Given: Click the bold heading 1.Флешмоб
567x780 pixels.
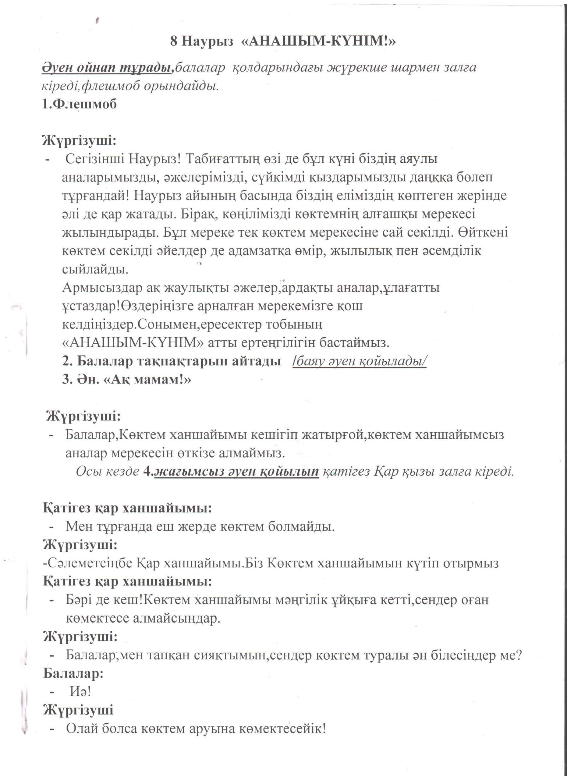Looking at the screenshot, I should [x=80, y=104].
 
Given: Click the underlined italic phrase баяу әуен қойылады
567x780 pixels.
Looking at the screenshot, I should [x=360, y=361].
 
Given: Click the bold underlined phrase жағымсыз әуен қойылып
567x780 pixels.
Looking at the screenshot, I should [x=237, y=472].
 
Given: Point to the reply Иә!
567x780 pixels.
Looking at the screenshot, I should [x=80, y=692].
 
